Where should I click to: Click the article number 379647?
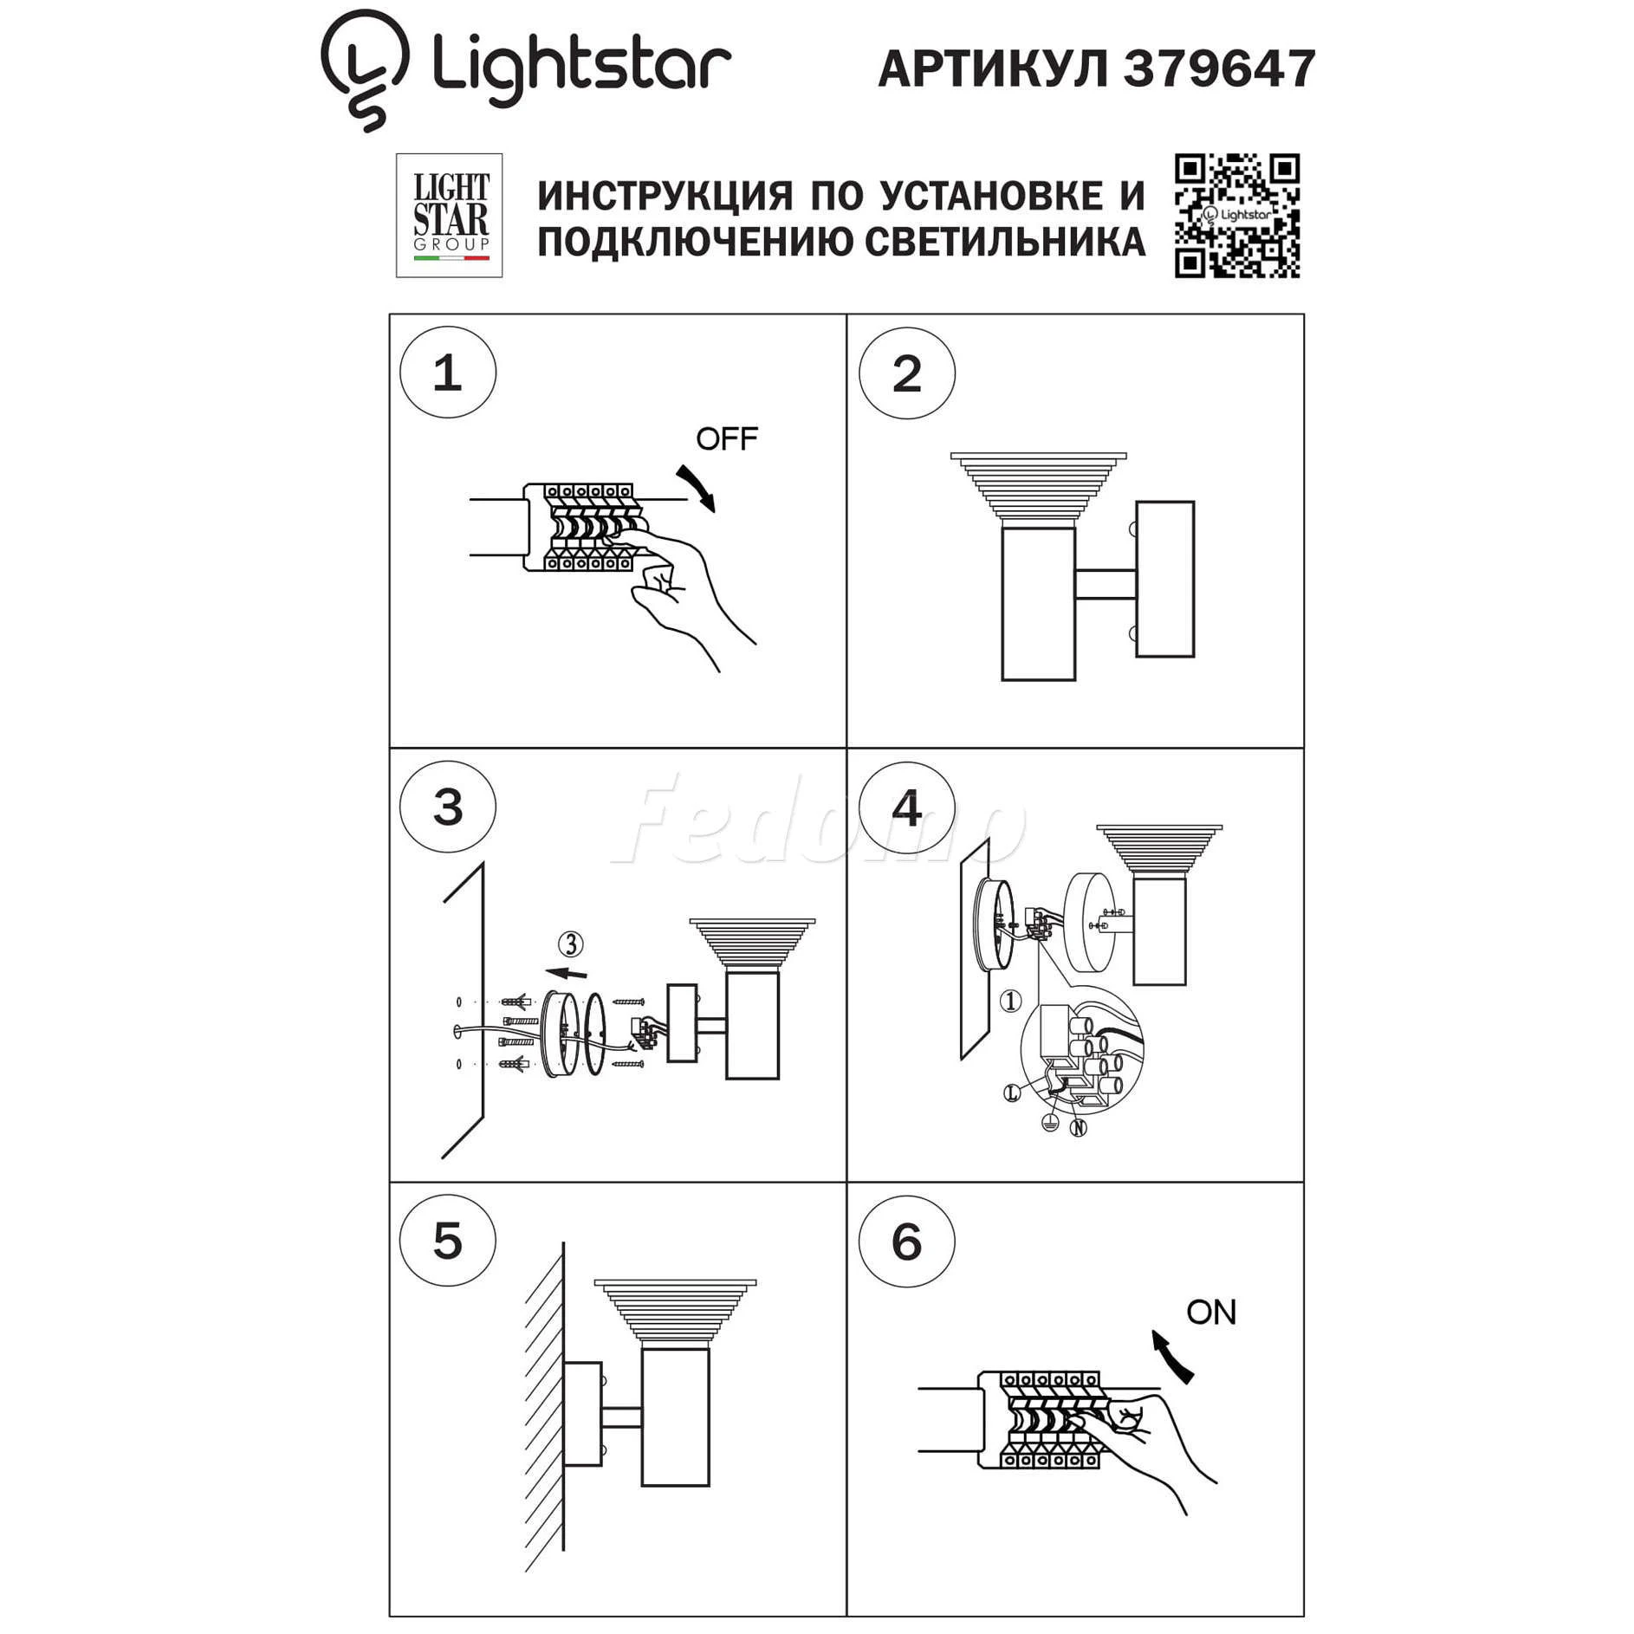click(1219, 68)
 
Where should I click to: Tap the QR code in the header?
click(1236, 216)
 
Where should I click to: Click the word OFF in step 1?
click(726, 438)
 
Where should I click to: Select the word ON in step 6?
click(1210, 1313)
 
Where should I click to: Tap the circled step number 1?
click(448, 373)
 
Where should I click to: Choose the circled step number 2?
click(907, 373)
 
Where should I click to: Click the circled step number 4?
click(907, 807)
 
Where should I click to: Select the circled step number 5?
click(448, 1241)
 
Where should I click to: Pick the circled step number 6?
click(907, 1242)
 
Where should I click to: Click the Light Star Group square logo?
click(449, 216)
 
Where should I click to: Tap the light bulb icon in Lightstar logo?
click(364, 69)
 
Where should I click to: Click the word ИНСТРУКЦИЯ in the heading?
click(665, 196)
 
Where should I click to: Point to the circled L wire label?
click(1012, 1093)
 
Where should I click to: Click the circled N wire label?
click(1079, 1127)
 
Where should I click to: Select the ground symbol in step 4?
click(1050, 1123)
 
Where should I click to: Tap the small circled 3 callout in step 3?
click(571, 943)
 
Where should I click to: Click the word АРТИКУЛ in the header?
click(994, 69)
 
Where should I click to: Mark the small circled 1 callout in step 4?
click(1010, 1002)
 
